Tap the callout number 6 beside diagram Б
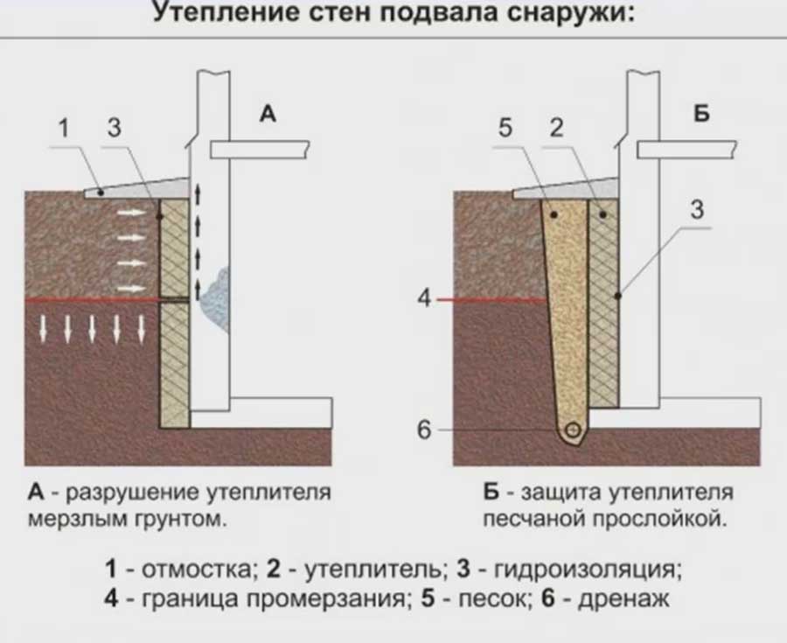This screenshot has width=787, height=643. click(x=426, y=430)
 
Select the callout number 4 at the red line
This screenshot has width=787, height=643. click(x=426, y=299)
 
